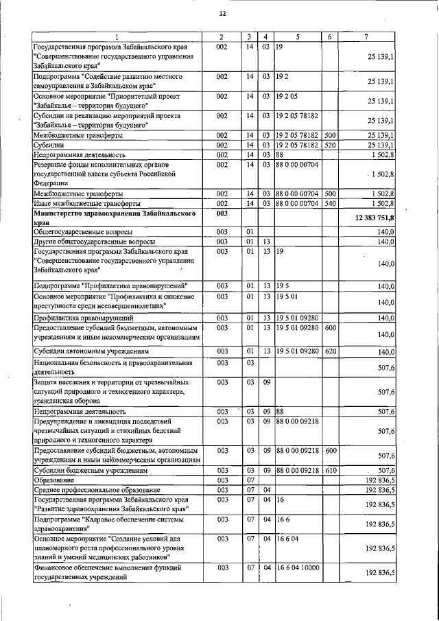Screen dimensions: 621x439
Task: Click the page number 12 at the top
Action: tap(222, 14)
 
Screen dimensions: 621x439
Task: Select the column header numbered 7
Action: tap(369, 36)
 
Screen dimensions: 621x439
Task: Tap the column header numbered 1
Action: tap(117, 36)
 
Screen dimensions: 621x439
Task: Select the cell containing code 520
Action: tap(330, 145)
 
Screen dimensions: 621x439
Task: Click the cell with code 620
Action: tap(330, 351)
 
